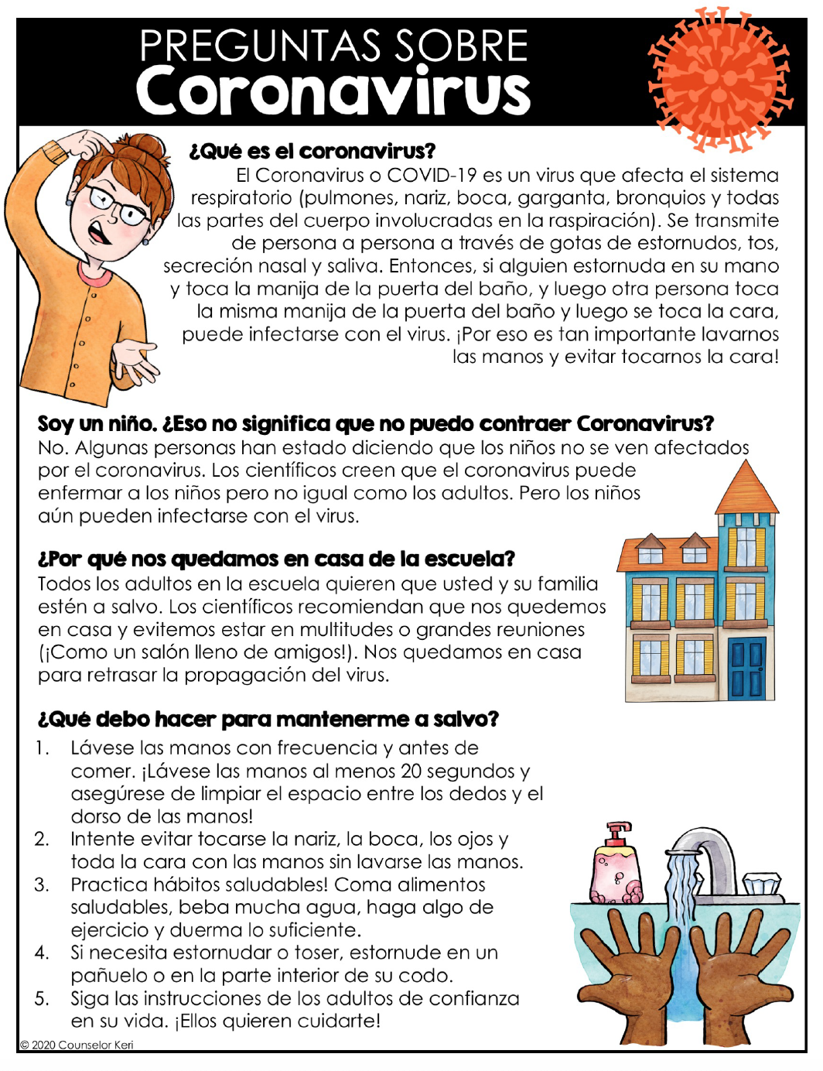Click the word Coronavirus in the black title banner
click(333, 91)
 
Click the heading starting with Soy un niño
click(375, 424)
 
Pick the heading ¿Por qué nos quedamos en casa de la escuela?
click(276, 559)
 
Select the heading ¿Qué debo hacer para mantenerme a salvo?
click(268, 719)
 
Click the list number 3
click(42, 885)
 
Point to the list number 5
click(42, 998)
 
